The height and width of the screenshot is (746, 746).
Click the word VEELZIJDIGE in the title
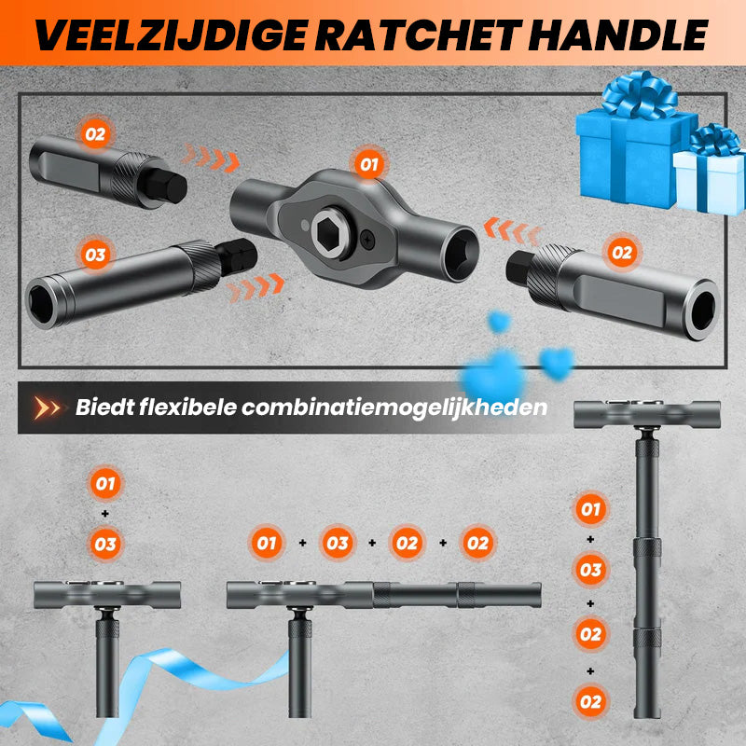(171, 35)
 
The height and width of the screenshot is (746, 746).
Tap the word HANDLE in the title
(618, 35)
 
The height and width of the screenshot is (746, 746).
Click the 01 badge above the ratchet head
(368, 165)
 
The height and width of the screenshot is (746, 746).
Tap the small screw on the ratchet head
(367, 239)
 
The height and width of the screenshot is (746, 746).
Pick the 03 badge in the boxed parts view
(95, 255)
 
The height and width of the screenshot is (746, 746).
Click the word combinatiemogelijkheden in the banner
(394, 408)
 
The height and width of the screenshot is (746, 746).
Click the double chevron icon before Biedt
(47, 408)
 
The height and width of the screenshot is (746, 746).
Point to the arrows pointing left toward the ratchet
(513, 231)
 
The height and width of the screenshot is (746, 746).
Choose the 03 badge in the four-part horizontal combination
(338, 543)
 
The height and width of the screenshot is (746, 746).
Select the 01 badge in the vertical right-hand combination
(590, 509)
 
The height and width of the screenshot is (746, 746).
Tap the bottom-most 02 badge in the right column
(590, 702)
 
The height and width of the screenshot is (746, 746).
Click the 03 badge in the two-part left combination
(105, 545)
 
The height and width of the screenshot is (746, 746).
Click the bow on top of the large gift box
(640, 95)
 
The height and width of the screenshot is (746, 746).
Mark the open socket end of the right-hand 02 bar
(702, 311)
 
